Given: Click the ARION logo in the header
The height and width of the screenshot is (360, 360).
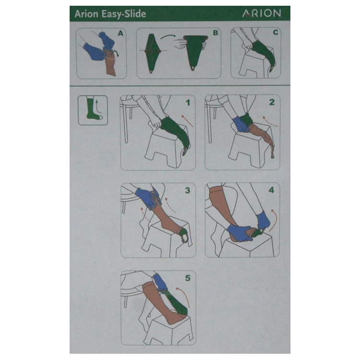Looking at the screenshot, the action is coord(262,13).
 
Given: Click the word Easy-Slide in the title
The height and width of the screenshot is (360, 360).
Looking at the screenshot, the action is coord(124,14).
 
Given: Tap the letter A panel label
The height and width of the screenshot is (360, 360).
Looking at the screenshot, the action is coord(120,34).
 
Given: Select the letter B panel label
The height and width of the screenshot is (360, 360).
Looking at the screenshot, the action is coord(216,33).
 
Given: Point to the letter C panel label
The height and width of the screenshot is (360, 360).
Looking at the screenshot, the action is coord(276,32).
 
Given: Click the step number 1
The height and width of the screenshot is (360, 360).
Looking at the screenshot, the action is coord(188,102).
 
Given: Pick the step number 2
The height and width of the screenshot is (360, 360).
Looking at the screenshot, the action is coord(272,102).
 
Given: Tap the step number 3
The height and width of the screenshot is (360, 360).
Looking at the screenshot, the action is coord(188,191).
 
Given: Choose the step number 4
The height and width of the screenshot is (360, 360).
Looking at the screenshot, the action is coord(272,190).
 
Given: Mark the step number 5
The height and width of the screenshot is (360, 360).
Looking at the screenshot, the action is coord(188,278).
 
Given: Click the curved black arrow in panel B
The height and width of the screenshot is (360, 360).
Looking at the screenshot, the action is coord(168,36).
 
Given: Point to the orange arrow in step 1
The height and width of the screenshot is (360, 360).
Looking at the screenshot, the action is coord(187,121).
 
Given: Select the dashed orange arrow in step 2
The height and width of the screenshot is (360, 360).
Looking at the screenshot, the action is coord(270,122).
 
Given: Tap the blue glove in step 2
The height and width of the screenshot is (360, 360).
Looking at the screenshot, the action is coord(241,125).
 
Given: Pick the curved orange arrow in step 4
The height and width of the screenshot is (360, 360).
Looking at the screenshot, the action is coord(274,219).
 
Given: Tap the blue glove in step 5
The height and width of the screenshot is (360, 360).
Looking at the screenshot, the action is coord(159,282).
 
